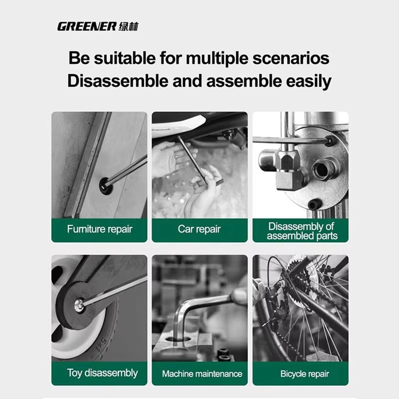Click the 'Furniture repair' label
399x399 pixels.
99,229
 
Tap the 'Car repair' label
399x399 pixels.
199,229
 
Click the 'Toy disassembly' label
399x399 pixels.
102,373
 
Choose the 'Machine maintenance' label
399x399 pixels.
202,374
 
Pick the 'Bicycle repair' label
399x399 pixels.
304,374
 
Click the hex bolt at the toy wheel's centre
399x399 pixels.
79,305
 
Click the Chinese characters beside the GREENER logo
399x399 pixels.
128,27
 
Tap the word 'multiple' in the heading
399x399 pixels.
217,58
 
